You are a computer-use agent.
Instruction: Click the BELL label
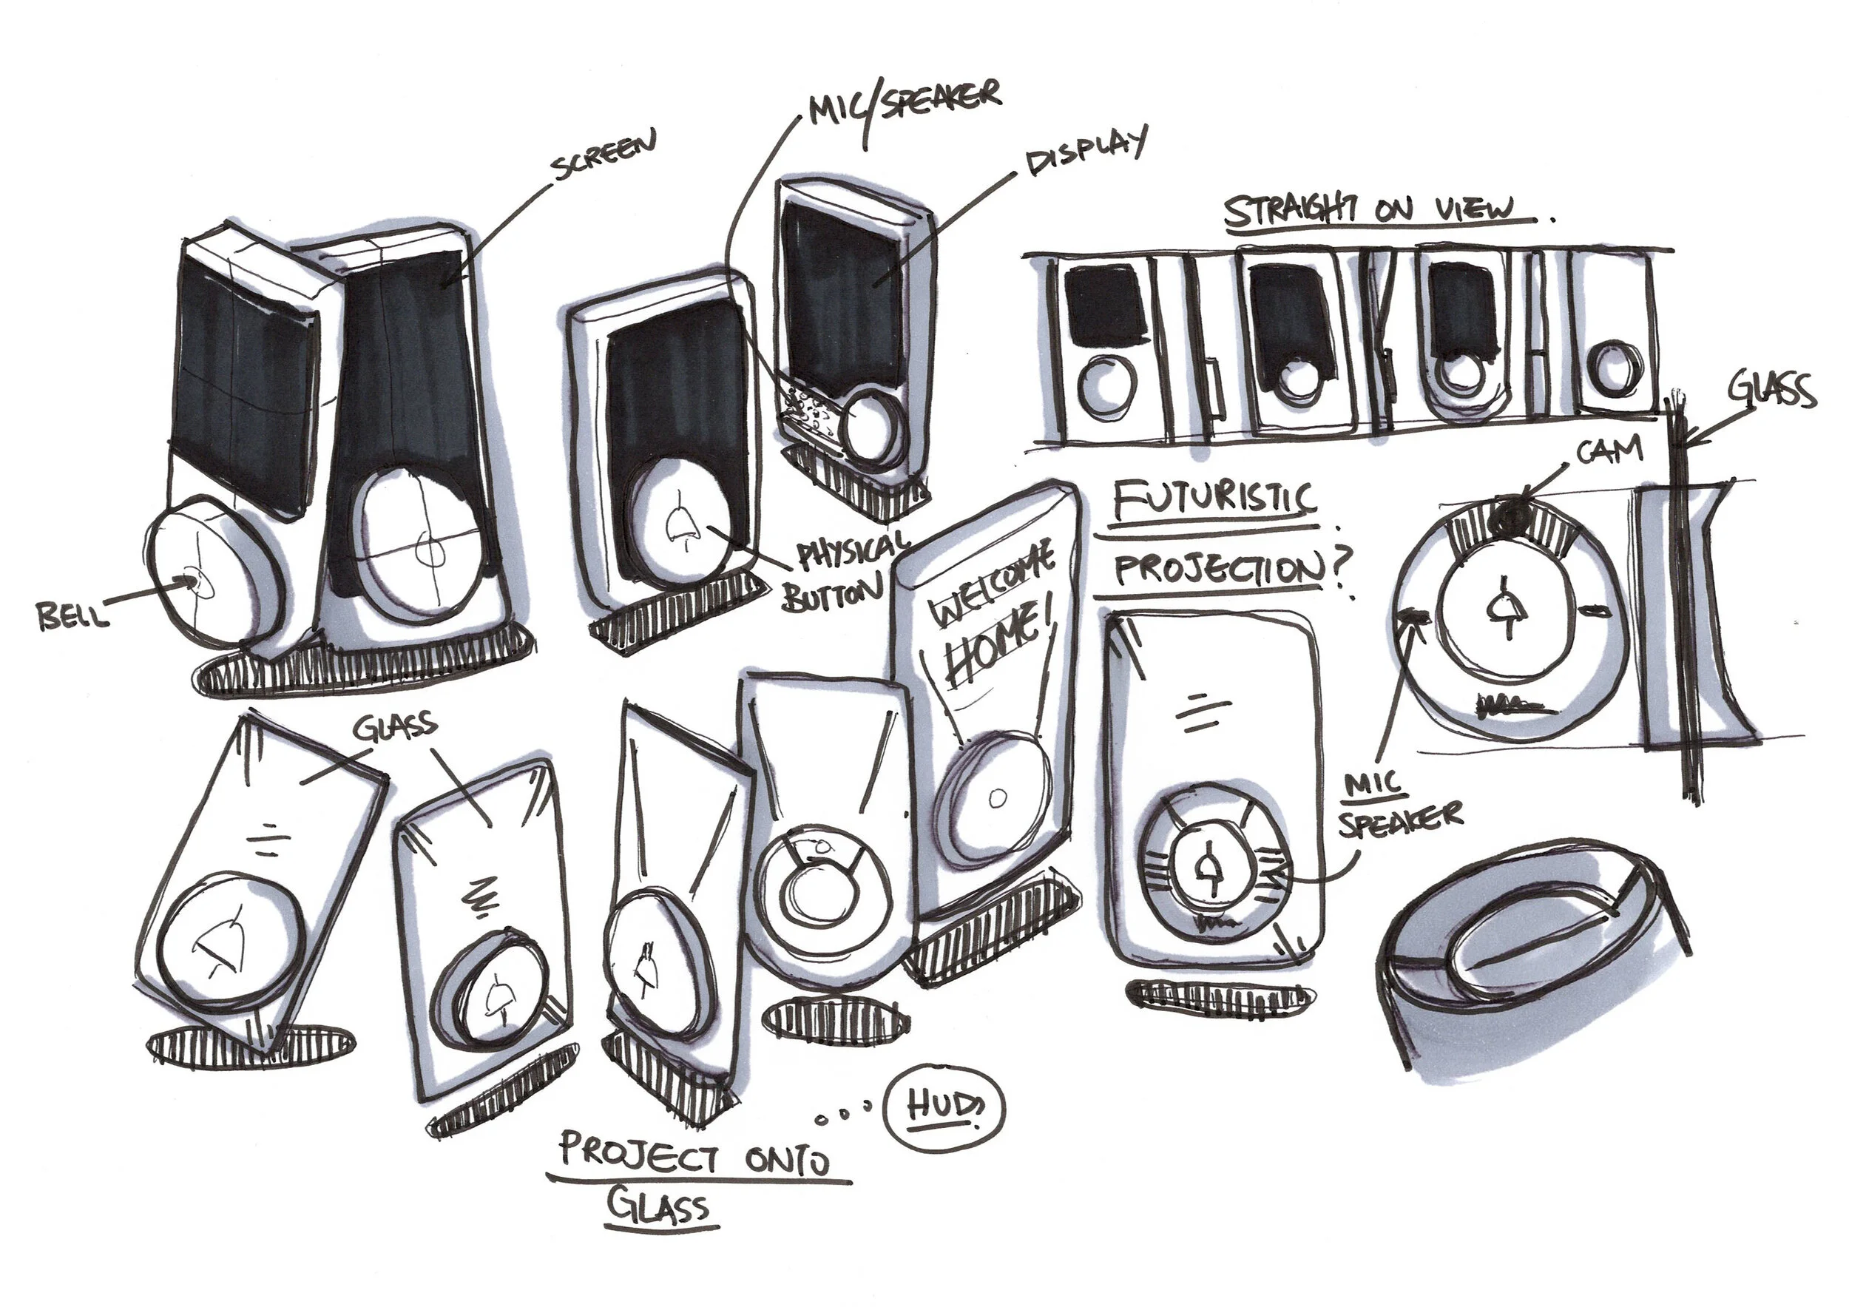[x=71, y=617]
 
